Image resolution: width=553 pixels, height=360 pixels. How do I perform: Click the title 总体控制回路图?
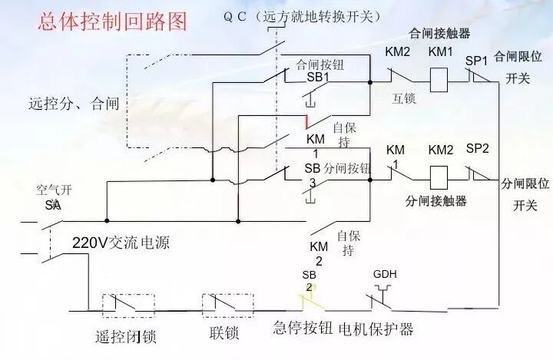tap(113, 21)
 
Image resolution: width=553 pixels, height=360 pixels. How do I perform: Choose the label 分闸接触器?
tap(435, 202)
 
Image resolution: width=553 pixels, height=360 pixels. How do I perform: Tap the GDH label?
tap(385, 274)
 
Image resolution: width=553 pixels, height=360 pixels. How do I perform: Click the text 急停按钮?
tap(303, 329)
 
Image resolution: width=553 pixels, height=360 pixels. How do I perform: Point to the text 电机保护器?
tap(376, 329)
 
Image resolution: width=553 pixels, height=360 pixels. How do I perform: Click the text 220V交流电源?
tap(121, 244)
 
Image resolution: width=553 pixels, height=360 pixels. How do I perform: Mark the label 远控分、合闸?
tap(68, 102)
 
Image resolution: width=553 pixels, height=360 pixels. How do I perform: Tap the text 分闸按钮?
tap(347, 168)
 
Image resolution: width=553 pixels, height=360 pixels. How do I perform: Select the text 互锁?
tap(403, 99)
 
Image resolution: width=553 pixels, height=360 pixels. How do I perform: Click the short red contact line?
tap(307, 121)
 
